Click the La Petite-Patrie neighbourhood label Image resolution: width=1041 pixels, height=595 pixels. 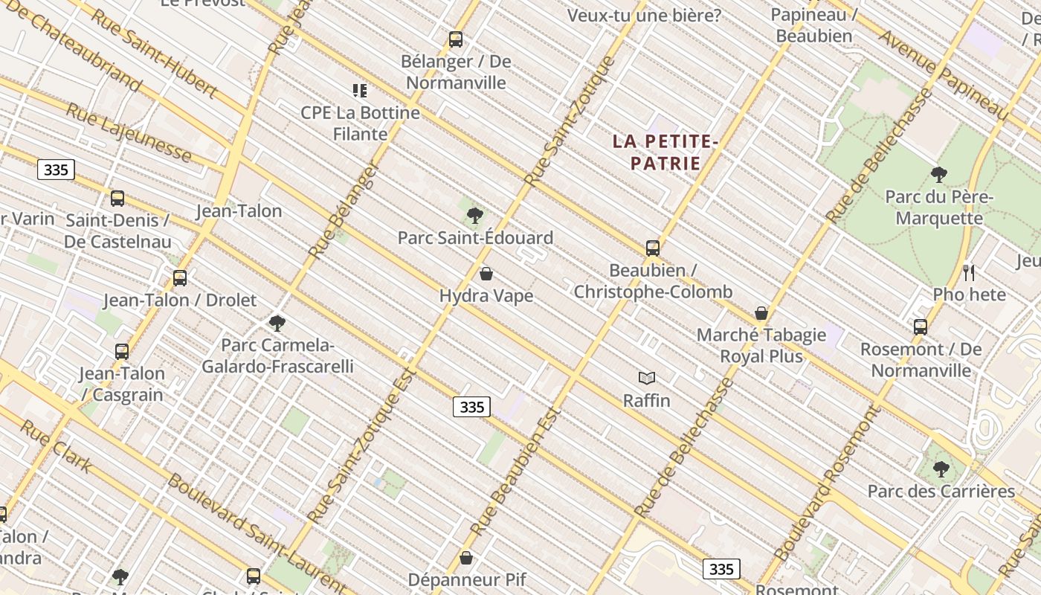coord(665,152)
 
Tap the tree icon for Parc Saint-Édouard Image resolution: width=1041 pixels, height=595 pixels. coord(474,216)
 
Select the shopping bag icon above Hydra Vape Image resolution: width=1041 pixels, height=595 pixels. coord(486,274)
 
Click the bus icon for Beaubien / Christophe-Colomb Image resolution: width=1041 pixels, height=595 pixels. coord(653,248)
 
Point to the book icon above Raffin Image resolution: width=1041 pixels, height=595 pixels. coord(647,378)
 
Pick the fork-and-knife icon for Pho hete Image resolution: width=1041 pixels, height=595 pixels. coord(969,272)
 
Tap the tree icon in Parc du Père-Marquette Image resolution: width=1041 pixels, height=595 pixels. coord(939,175)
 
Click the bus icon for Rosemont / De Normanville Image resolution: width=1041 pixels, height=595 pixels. coord(921,327)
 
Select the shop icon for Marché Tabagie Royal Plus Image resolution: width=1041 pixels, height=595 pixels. coord(761,313)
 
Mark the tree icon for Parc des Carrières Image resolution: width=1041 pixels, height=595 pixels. coord(941,469)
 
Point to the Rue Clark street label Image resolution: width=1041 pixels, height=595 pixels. coord(56,446)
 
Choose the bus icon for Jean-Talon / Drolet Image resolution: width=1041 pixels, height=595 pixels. coord(180,278)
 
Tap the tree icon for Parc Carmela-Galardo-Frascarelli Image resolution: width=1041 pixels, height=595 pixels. coord(277,324)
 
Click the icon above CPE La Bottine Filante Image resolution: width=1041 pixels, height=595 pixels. coord(360,91)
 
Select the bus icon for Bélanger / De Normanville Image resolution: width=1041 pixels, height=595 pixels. coord(456,39)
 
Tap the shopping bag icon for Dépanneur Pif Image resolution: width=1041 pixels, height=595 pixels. coord(466,557)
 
